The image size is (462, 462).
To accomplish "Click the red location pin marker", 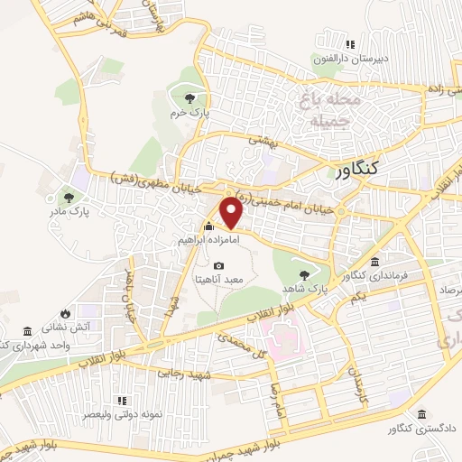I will tap(232, 212).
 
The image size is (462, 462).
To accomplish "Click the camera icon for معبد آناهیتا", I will tap(219, 266).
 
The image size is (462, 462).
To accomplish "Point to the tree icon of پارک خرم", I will tap(189, 98).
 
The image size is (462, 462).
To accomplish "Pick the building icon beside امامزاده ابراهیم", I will tap(209, 226).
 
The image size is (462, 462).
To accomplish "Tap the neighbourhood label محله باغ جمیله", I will tap(335, 108).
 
